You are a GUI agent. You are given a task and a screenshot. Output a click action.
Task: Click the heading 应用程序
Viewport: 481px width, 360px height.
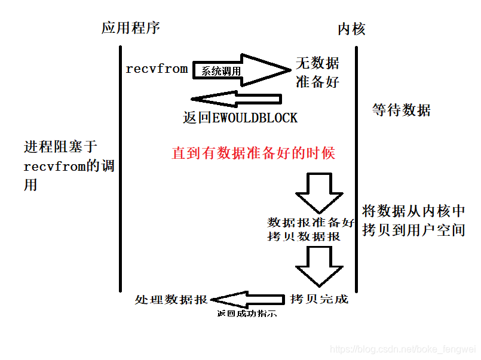pos(131,27)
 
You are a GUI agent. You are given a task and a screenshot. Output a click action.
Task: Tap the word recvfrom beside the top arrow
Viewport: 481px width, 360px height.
pos(157,69)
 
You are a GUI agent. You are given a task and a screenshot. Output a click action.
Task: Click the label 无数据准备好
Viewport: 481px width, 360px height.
pos(317,73)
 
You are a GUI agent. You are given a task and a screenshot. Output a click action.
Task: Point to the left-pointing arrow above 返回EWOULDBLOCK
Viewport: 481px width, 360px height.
pos(237,99)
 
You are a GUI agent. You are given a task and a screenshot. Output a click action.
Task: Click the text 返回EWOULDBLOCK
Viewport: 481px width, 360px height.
pos(240,118)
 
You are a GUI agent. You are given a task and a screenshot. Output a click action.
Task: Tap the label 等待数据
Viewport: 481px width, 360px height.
pos(401,110)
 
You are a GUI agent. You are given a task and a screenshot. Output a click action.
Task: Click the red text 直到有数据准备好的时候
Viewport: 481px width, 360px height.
pos(253,153)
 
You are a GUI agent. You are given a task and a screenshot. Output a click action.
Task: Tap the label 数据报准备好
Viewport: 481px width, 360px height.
pos(311,223)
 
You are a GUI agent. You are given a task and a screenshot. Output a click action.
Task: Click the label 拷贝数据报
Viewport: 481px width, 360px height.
pos(304,236)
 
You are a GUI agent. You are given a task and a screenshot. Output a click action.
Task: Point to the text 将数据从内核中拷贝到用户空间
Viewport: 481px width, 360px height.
pos(413,220)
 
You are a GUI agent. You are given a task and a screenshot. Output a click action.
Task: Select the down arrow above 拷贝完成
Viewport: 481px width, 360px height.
pos(320,266)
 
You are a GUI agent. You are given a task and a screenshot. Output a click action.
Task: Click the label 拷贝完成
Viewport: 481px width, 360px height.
pos(319,299)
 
